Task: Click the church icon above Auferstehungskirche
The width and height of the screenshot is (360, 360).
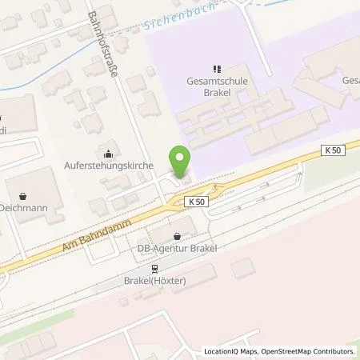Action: (x=109, y=154)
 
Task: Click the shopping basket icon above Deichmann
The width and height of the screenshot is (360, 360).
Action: (x=24, y=194)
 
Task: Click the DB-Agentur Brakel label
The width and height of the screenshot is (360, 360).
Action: (x=177, y=249)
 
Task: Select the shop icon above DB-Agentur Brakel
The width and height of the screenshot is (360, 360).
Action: (x=176, y=236)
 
